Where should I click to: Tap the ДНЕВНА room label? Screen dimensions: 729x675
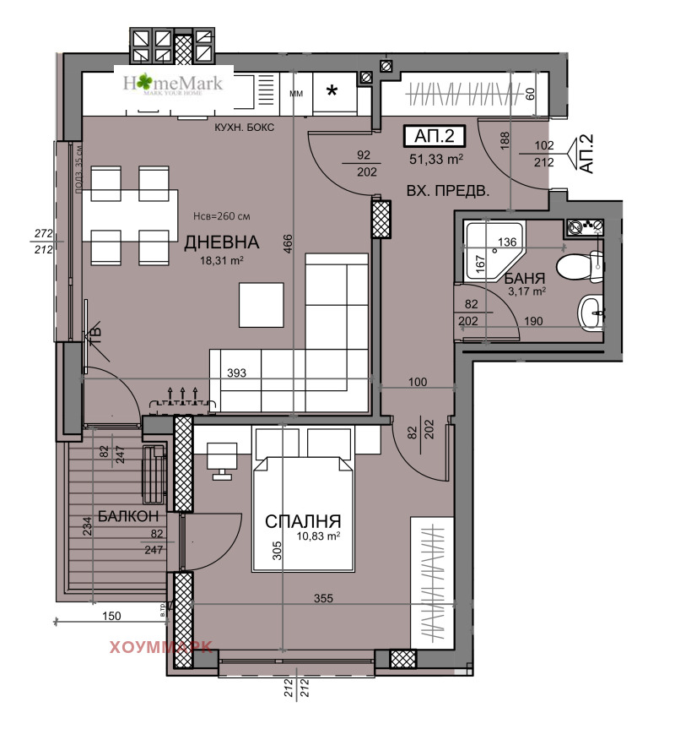222,243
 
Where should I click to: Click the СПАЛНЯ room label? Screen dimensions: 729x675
304,521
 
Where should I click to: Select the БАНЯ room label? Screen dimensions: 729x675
525,278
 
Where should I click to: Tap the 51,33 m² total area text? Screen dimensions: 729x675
435,158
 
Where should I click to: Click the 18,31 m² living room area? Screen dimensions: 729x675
222,262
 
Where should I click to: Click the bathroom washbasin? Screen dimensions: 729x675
590,312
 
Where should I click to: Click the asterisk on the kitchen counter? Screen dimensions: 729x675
333,91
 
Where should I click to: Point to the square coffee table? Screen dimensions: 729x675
261,304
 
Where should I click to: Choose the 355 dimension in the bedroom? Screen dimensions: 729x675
324,599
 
